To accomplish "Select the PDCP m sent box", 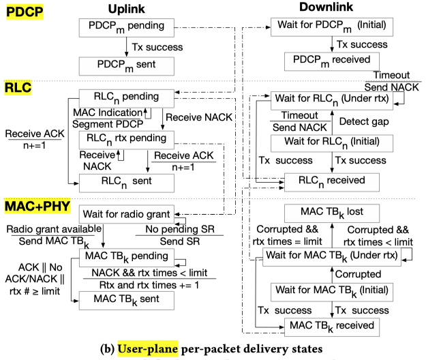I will tap(127, 66).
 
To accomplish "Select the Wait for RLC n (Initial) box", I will tap(331, 144).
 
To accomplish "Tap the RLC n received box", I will tap(331, 181).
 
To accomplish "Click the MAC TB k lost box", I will tap(330, 212).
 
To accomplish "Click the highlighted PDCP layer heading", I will tap(22, 10).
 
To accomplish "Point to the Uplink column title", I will tap(127, 7).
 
